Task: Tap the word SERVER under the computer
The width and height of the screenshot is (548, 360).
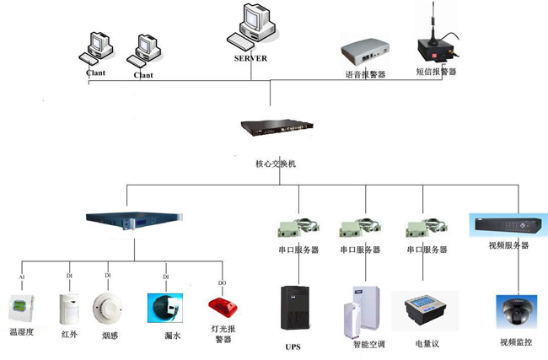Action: (250, 58)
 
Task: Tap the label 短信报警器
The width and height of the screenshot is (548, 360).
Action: (436, 73)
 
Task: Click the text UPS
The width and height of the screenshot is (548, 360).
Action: (293, 347)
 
